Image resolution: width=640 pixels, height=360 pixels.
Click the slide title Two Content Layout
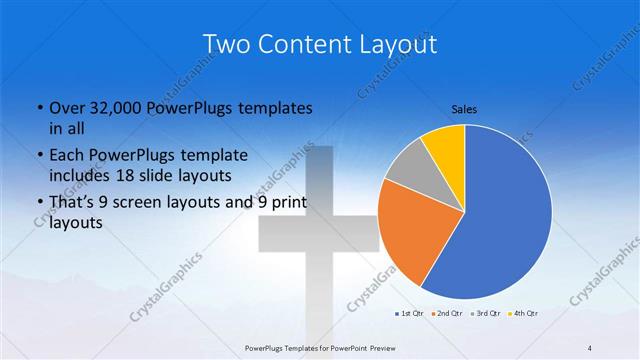pos(319,44)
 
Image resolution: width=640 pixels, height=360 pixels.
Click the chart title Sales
pos(464,107)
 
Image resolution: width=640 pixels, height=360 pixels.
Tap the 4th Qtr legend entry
pos(524,314)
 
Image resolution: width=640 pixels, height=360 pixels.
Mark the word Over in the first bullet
pos(66,107)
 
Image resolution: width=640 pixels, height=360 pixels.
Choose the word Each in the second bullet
pos(66,155)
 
